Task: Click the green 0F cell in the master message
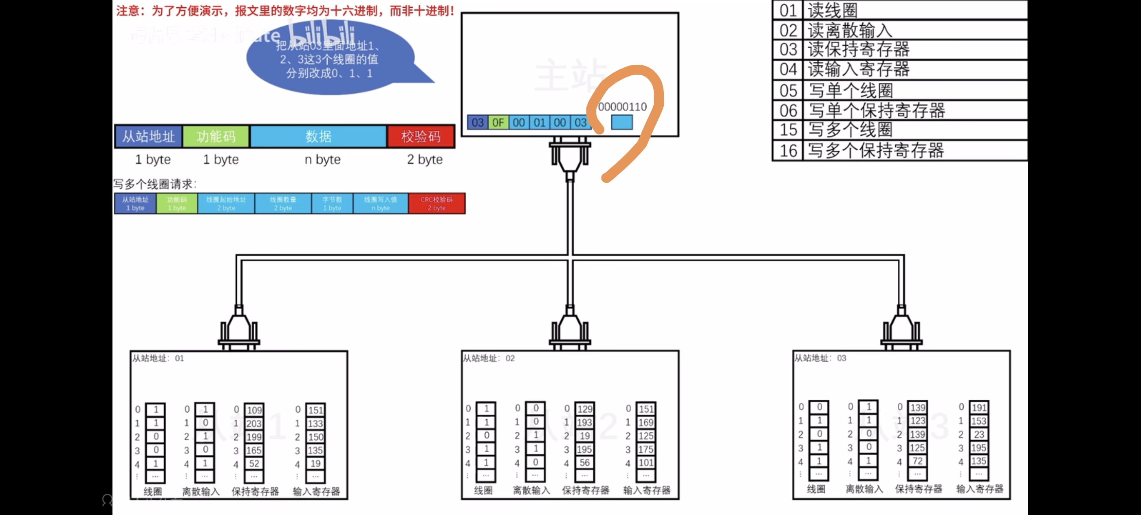[x=498, y=122]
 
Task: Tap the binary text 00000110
[x=622, y=107]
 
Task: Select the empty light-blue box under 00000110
[x=621, y=122]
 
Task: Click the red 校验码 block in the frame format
[x=421, y=136]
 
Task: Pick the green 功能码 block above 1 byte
[x=216, y=136]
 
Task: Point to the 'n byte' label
[x=322, y=159]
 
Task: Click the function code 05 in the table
[x=789, y=90]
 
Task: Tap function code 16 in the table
[x=789, y=151]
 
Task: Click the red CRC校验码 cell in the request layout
[x=436, y=204]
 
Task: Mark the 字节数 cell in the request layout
[x=332, y=204]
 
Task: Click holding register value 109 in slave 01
[x=254, y=410]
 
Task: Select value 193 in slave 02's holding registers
[x=584, y=423]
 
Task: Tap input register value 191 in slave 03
[x=978, y=407]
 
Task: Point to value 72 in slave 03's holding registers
[x=917, y=461]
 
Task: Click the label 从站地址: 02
[x=489, y=358]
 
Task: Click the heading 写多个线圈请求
[x=154, y=184]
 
